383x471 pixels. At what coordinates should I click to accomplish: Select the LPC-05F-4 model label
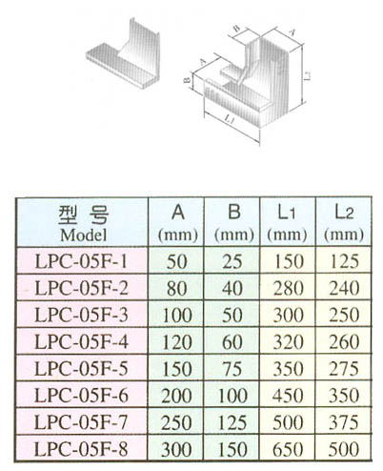coord(82,340)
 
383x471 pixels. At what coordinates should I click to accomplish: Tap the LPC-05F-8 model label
coord(82,446)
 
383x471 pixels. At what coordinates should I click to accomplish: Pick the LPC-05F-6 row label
coord(82,394)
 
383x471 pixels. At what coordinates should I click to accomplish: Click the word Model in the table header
coord(81,233)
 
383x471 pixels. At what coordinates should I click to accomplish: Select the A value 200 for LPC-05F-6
coord(177,394)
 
